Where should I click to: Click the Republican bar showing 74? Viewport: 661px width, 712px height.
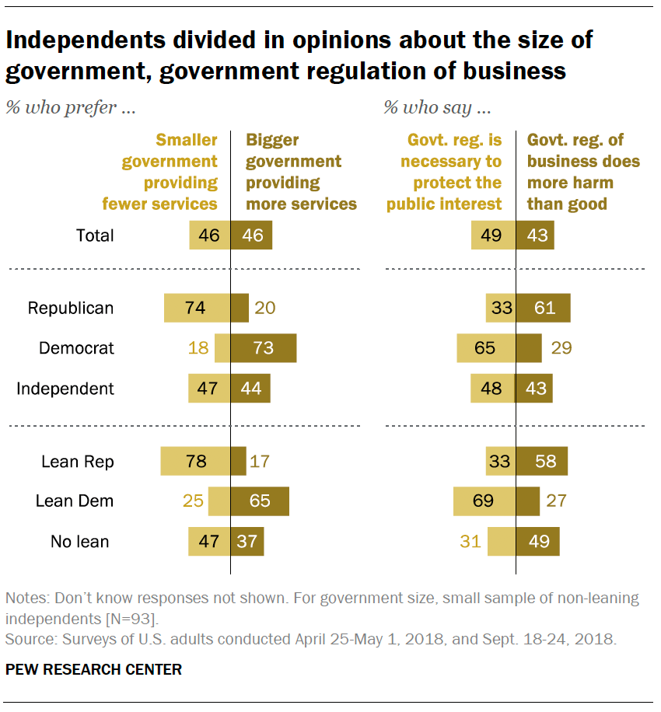(197, 308)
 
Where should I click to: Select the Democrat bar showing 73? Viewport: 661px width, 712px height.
(264, 348)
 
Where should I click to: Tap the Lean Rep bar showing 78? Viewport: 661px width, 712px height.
(195, 462)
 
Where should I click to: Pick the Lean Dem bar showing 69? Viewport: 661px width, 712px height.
(484, 501)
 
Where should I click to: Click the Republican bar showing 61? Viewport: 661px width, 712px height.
(544, 308)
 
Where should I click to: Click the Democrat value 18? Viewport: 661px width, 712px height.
(199, 348)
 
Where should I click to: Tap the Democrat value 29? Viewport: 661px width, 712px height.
(561, 348)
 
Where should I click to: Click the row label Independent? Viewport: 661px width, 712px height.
(65, 389)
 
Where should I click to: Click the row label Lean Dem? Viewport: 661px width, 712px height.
(75, 501)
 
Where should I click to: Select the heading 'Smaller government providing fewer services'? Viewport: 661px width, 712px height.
(161, 172)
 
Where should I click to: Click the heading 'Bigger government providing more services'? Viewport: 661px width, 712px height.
(301, 172)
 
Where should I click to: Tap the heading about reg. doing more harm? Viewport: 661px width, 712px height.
(583, 172)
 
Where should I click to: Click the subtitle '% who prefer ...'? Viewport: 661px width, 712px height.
(71, 108)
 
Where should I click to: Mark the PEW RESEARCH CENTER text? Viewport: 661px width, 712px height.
(94, 669)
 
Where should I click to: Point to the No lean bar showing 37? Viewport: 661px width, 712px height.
(247, 542)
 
